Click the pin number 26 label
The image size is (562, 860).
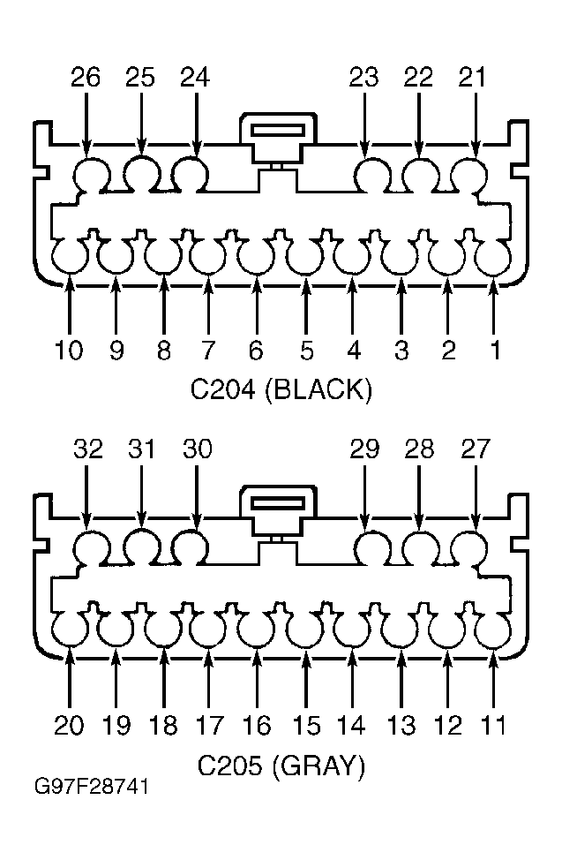(x=86, y=78)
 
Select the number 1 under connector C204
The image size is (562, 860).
(x=495, y=350)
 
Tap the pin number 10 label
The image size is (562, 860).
(x=69, y=350)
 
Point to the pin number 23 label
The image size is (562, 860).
(x=364, y=78)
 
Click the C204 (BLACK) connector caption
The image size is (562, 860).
(x=281, y=390)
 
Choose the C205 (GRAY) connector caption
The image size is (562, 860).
(x=281, y=766)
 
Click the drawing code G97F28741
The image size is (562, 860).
(x=92, y=787)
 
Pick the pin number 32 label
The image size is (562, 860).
(x=88, y=449)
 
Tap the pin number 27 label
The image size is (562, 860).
(x=475, y=449)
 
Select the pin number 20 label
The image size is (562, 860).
(x=69, y=726)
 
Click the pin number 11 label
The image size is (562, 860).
(x=493, y=726)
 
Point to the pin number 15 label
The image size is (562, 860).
(x=306, y=726)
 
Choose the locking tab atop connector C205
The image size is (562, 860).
(x=278, y=511)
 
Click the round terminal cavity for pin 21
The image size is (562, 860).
(x=468, y=176)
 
